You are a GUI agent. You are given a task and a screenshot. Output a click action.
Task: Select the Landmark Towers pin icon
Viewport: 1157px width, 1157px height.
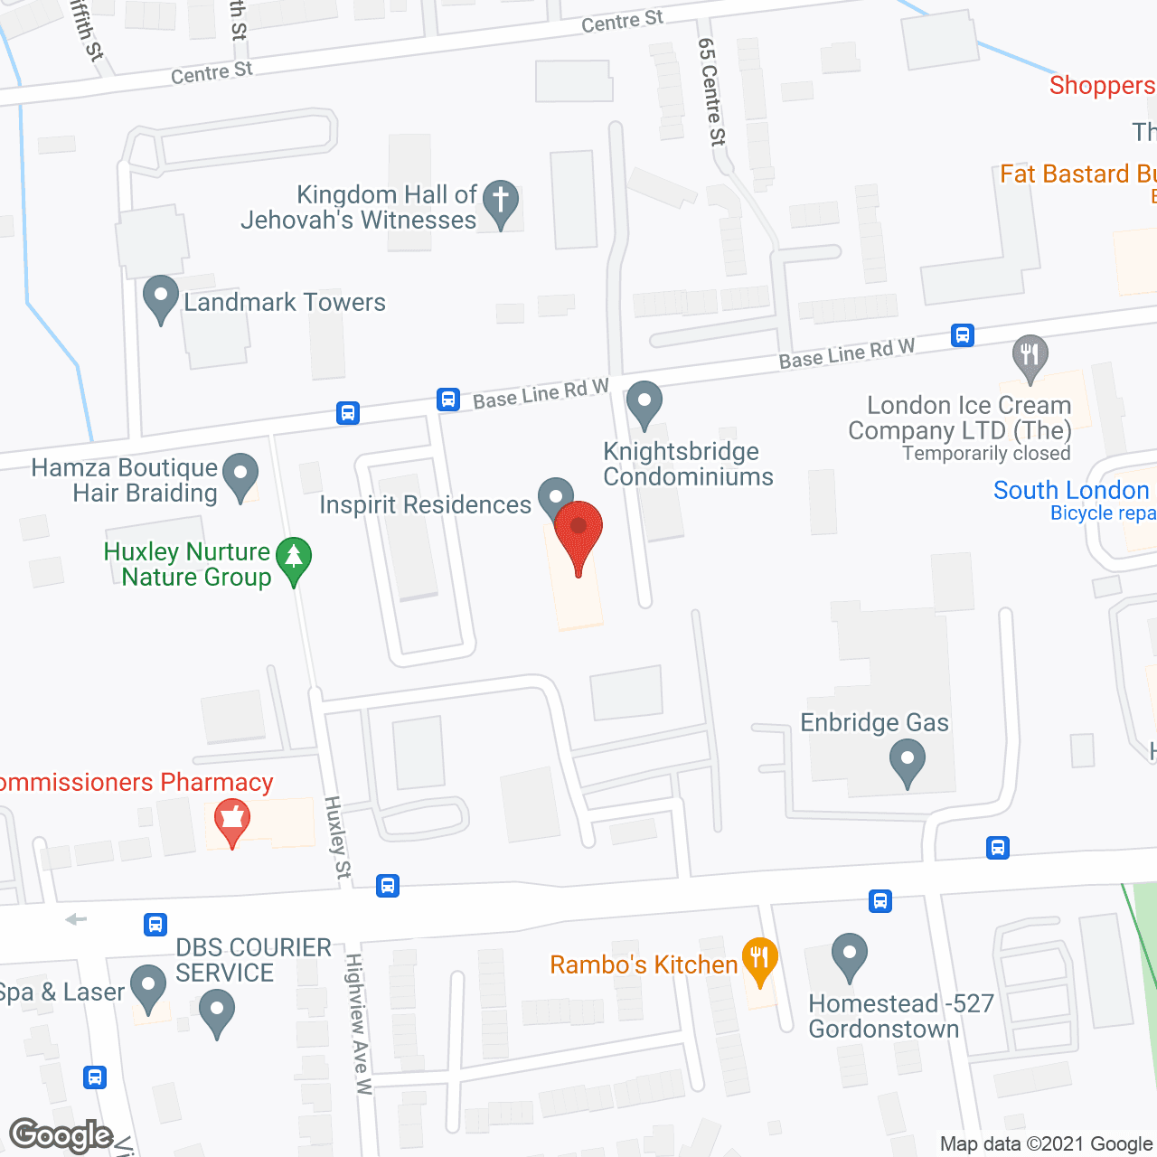click(161, 297)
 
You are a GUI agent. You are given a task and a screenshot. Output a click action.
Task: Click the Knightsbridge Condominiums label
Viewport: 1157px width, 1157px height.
click(687, 464)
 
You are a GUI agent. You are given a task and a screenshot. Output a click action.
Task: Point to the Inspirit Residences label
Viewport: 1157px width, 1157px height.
click(425, 504)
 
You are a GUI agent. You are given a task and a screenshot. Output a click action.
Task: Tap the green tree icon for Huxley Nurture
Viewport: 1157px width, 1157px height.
click(294, 559)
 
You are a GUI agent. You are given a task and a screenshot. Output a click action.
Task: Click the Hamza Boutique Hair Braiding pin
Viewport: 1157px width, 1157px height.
click(240, 474)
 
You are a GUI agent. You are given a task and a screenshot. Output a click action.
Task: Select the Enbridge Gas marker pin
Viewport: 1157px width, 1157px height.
click(907, 761)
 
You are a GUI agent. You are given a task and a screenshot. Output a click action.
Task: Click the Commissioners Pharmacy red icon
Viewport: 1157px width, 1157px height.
click(232, 820)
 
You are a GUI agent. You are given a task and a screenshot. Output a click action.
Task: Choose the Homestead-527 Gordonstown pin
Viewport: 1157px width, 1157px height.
click(850, 955)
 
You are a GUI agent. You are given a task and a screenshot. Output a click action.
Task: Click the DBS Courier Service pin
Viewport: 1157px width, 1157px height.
click(217, 1011)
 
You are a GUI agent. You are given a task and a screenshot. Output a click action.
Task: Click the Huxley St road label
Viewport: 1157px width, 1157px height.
click(337, 837)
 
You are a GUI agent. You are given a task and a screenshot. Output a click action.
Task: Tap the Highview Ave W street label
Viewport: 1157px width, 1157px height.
click(359, 1024)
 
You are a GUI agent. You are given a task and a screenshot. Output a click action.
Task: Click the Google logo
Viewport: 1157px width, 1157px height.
click(61, 1135)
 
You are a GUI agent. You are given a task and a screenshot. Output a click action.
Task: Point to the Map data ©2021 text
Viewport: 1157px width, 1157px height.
click(1047, 1144)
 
